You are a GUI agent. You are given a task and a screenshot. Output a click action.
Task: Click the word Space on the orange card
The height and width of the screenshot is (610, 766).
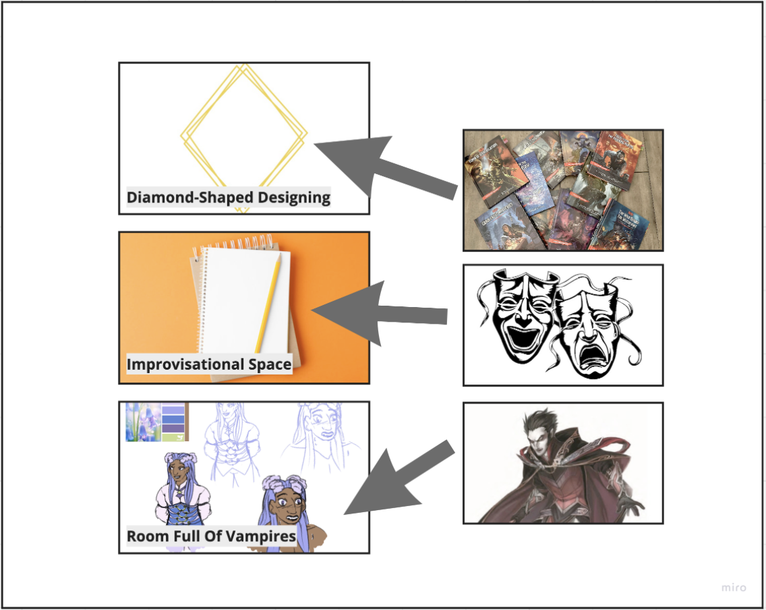[x=269, y=365]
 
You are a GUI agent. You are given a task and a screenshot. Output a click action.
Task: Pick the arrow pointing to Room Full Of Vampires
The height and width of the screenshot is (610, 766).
[x=398, y=480]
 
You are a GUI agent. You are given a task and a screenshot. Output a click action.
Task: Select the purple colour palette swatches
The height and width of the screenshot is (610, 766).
[x=174, y=422]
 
